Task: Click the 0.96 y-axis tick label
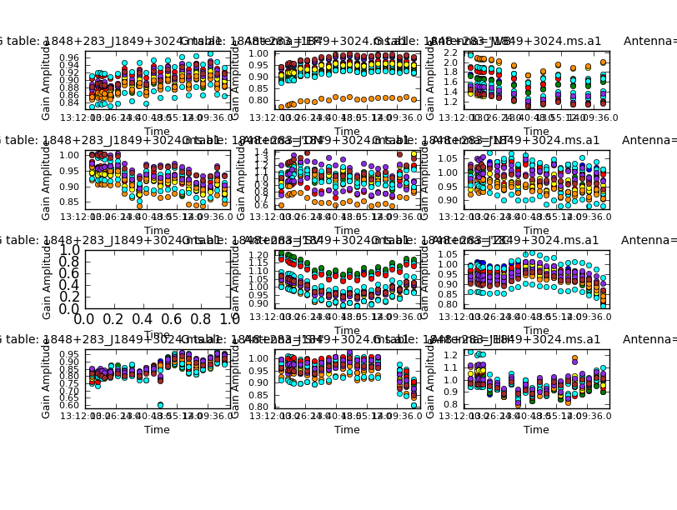click(x=70, y=57)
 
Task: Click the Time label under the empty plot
click(x=157, y=334)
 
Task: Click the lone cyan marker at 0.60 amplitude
click(x=159, y=405)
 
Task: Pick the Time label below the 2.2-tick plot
click(x=536, y=131)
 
